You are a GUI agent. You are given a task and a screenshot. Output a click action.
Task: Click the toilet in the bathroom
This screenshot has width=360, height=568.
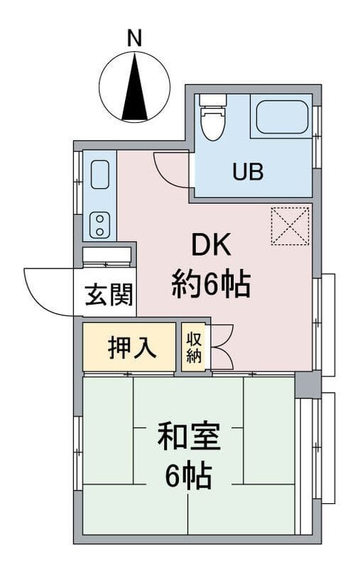(210, 121)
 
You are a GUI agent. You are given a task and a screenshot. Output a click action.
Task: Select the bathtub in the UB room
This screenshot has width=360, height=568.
(283, 117)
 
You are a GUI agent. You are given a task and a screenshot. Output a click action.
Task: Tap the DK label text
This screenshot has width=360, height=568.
(209, 246)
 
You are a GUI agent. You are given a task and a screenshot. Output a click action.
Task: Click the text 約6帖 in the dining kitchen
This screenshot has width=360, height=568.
(209, 285)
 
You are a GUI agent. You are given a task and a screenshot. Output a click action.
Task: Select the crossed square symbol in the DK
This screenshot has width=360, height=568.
(290, 226)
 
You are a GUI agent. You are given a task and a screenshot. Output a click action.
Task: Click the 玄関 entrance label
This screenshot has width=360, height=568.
(109, 295)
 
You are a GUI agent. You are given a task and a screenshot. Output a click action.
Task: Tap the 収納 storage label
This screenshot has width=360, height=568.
(194, 347)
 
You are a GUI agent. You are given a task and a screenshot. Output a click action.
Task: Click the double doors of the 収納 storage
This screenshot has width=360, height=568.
(222, 347)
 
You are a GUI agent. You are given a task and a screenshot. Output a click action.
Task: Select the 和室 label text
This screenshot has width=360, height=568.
(188, 437)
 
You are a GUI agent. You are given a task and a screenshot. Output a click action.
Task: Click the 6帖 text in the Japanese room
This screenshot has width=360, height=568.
(189, 476)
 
